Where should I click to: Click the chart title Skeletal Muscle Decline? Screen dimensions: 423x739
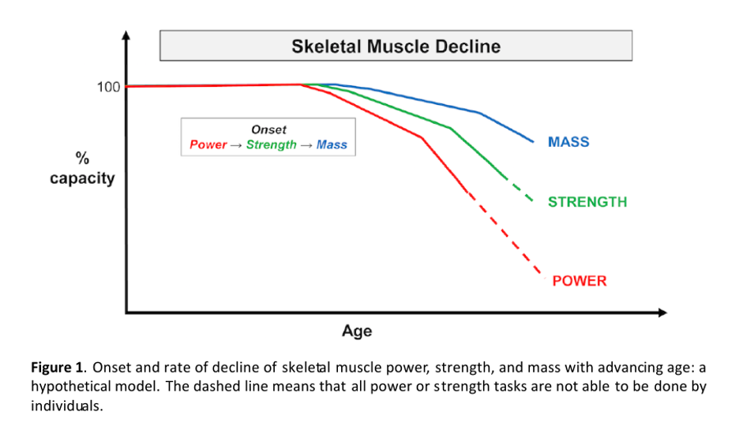pos(396,46)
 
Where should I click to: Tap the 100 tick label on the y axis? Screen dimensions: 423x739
pos(108,87)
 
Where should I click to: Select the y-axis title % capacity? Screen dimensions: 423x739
pos(82,169)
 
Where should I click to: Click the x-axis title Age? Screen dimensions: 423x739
pos(357,331)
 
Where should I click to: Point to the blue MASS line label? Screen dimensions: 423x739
pos(568,143)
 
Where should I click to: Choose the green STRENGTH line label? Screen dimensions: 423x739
pos(587,202)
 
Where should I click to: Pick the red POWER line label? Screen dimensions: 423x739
pos(580,281)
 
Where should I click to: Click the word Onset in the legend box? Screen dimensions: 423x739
pos(268,129)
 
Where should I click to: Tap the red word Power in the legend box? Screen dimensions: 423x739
pos(207,145)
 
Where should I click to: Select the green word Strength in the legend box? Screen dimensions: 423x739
pos(271,145)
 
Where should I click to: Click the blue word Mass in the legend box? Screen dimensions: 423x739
pos(332,145)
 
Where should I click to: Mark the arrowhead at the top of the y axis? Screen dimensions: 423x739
pos(126,36)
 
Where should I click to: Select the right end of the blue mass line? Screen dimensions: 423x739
pos(533,142)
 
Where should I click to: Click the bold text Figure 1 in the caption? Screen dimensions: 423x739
pos(57,367)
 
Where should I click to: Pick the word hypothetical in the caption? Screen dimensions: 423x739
pos(67,387)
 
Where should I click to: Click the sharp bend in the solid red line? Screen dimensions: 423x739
pos(422,138)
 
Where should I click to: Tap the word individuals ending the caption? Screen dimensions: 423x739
pos(67,406)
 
